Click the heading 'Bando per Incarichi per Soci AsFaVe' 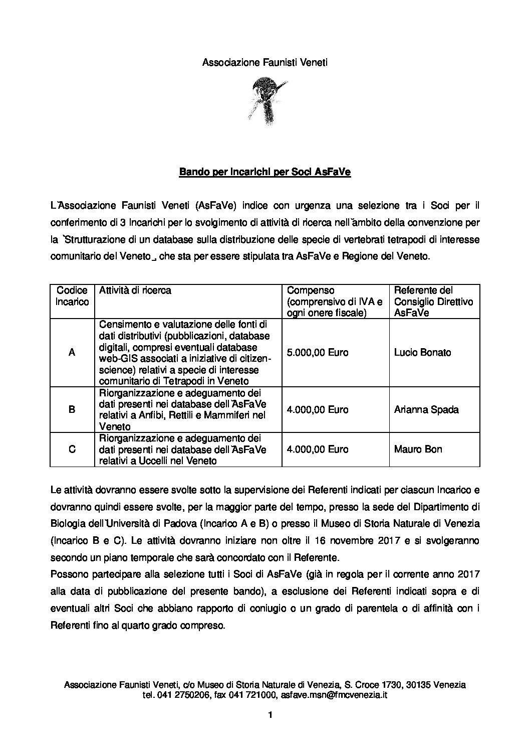[x=265, y=172]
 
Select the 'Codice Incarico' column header [x=72, y=296]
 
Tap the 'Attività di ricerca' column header [x=135, y=290]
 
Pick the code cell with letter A [x=72, y=353]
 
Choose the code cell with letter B [x=72, y=409]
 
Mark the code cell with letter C [x=72, y=449]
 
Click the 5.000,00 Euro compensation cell [x=317, y=353]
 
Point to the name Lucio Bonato [x=422, y=353]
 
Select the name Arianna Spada [x=426, y=409]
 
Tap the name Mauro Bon [x=418, y=449]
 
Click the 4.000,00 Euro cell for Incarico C [x=317, y=449]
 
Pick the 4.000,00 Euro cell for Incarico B [x=317, y=409]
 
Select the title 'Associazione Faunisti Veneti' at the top [x=264, y=63]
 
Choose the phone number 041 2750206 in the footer [x=182, y=695]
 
